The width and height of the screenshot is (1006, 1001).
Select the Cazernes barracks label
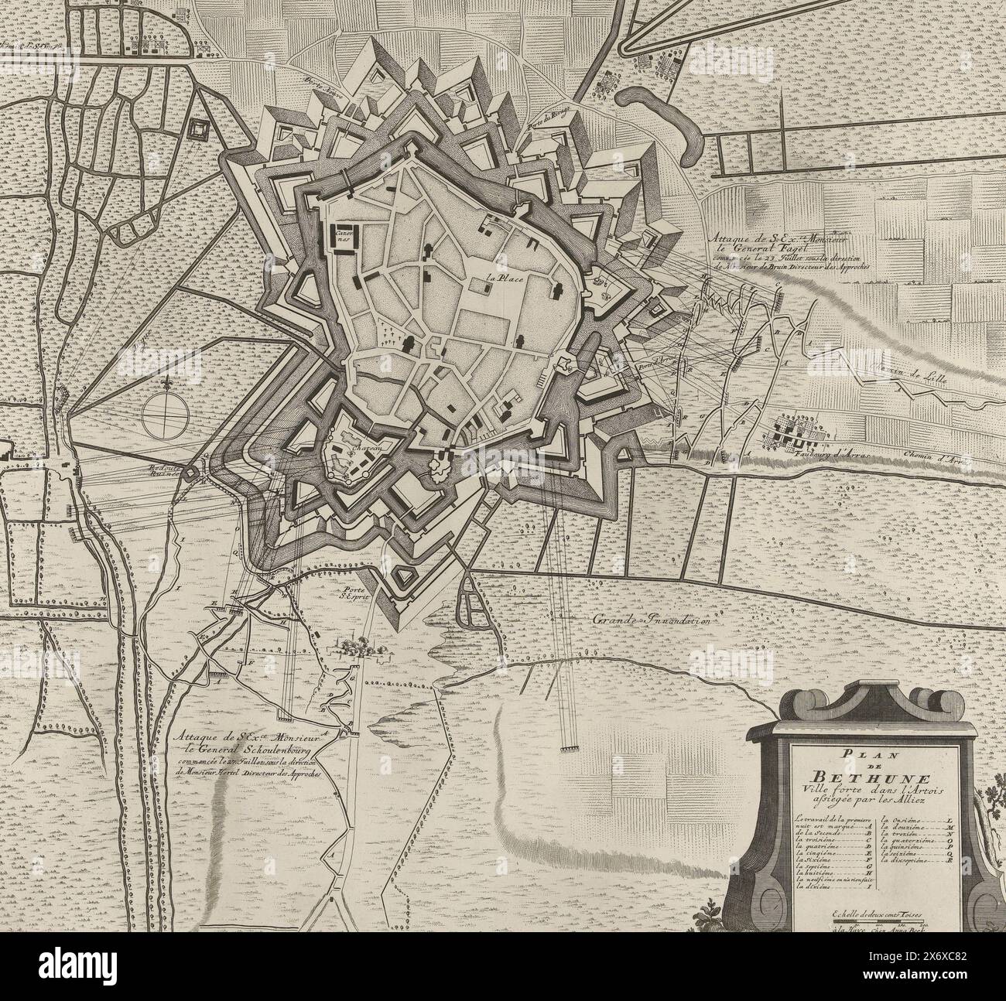click(343, 234)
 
